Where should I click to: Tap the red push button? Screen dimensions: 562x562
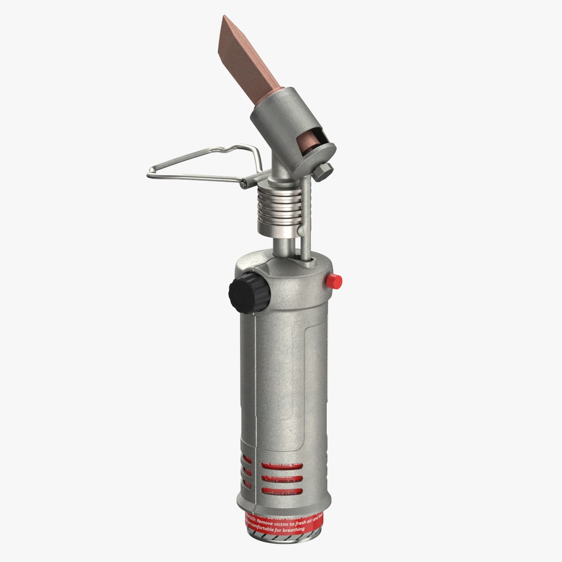click(334, 282)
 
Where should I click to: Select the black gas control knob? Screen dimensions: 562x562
click(248, 293)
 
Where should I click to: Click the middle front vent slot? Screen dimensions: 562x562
click(283, 478)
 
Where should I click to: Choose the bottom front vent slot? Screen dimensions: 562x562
click(283, 492)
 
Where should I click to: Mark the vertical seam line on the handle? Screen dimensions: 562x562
click(257, 395)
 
